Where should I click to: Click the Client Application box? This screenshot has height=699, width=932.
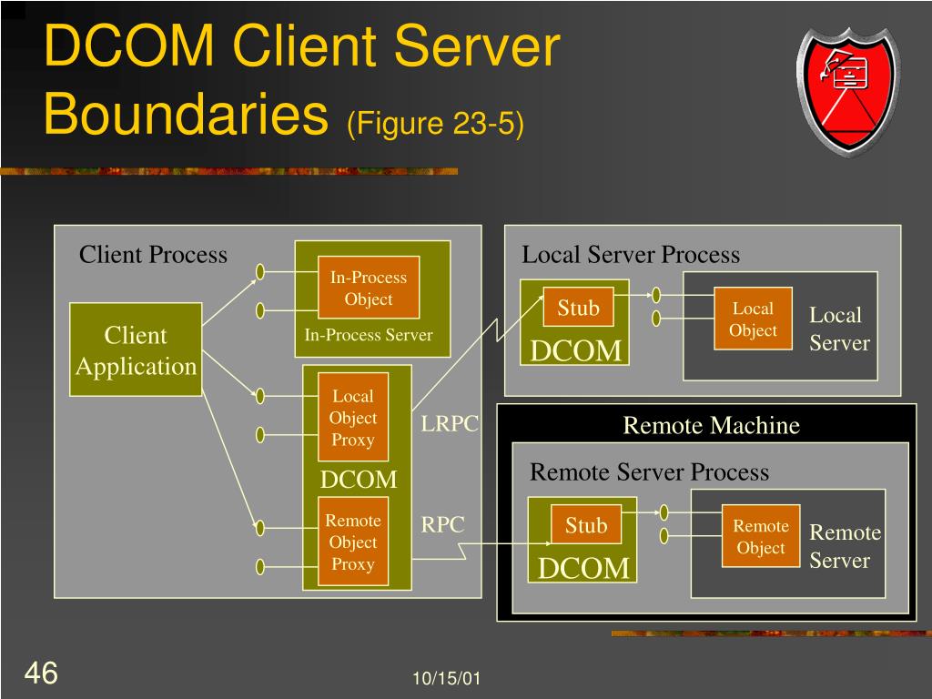click(x=136, y=349)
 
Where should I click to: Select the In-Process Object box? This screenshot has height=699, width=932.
click(x=369, y=288)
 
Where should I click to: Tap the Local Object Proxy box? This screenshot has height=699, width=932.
click(x=352, y=417)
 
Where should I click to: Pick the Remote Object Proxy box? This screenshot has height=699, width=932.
click(x=352, y=542)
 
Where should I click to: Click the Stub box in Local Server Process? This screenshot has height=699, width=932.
click(x=578, y=309)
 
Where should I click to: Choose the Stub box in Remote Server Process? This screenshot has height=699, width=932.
click(x=586, y=525)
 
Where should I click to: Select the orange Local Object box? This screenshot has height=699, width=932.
click(x=753, y=319)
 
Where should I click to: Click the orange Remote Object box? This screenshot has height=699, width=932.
click(x=760, y=537)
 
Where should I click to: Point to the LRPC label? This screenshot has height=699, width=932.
click(x=450, y=425)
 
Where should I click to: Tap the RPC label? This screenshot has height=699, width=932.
click(x=442, y=525)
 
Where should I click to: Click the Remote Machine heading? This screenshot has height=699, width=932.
click(x=711, y=425)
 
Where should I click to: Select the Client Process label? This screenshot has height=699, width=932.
click(x=153, y=255)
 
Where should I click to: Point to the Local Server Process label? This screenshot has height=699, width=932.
click(x=630, y=255)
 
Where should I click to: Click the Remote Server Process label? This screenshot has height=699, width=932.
click(x=649, y=472)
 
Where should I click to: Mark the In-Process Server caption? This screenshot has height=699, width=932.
click(x=369, y=335)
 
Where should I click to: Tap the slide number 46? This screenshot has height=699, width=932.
click(x=41, y=674)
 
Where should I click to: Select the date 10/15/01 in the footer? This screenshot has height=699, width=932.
click(x=446, y=678)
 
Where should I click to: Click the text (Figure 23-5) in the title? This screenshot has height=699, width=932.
click(x=435, y=124)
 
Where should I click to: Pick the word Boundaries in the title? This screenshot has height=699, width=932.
click(x=186, y=116)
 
